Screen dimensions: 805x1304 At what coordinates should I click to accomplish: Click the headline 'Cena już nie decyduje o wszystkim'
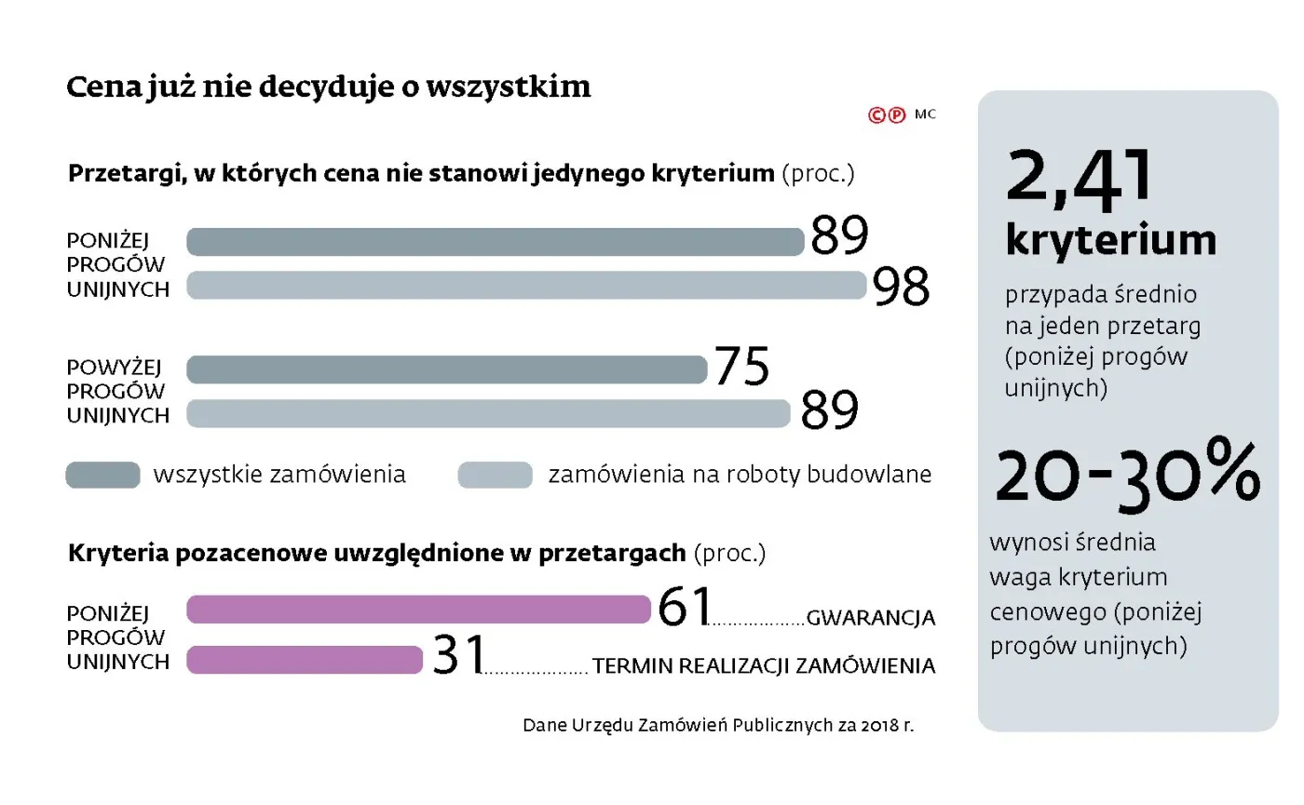[328, 87]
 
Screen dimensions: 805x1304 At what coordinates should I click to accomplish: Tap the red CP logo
[886, 115]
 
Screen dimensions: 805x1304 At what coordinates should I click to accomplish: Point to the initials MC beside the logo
[925, 114]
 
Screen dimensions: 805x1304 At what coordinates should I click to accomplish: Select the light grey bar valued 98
[526, 286]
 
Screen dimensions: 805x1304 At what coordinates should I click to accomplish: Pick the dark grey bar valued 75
[447, 369]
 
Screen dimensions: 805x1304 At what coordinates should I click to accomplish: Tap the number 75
[741, 366]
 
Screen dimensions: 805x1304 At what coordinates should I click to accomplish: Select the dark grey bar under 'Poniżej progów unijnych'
[495, 242]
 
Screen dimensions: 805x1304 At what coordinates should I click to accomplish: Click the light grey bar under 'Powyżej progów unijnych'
[488, 413]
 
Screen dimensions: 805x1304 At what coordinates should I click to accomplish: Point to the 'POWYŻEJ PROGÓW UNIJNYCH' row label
[118, 392]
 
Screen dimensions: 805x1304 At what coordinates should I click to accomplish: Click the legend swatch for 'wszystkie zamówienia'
[102, 476]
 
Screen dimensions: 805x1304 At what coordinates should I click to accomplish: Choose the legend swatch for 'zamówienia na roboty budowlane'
[495, 476]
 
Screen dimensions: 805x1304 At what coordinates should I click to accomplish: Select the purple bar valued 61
[418, 610]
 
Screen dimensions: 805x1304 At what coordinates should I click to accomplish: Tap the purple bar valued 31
[305, 660]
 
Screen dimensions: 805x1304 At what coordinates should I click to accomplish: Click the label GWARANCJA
[870, 618]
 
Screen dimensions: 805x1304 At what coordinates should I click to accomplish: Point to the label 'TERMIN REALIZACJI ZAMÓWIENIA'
[764, 666]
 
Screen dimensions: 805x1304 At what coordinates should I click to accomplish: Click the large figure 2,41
[1080, 179]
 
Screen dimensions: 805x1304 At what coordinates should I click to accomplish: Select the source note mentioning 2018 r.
[718, 725]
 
